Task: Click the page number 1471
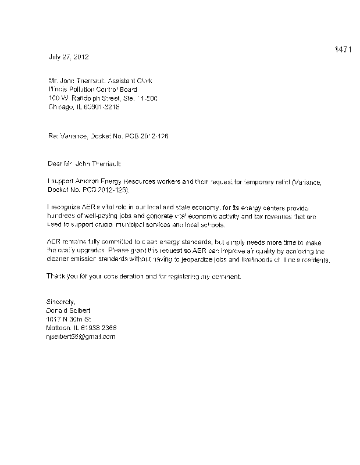point(343,49)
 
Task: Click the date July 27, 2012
point(68,57)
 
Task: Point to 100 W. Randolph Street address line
point(102,98)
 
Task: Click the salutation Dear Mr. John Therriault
point(84,164)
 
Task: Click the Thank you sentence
point(143,277)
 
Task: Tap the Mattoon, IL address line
point(84,328)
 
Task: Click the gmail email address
point(81,337)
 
